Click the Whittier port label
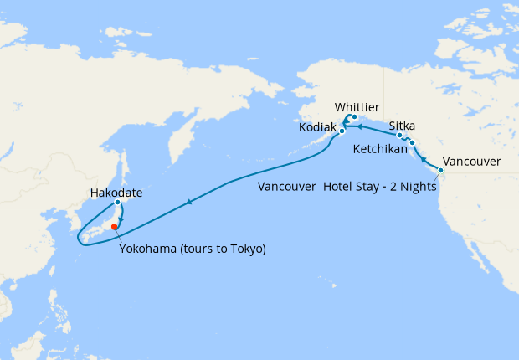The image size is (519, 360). coord(357,107)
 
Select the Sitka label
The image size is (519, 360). coord(402,126)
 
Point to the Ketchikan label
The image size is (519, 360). coord(380,150)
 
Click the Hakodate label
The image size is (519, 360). coord(116,193)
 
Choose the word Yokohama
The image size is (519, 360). coord(146,249)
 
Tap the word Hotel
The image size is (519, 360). coord(337,186)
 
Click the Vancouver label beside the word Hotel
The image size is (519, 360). coord(287,186)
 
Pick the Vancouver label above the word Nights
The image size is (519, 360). coord(471,161)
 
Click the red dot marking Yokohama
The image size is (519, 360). coord(115,225)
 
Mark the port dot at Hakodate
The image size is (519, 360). coord(118,203)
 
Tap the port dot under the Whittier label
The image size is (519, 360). coord(354,117)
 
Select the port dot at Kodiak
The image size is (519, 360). coord(342,131)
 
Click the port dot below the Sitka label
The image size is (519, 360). coord(400,135)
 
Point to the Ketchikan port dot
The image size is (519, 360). coord(412,143)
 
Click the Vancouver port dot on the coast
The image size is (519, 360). coord(441,171)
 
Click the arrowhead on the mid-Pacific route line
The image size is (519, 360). coord(190,201)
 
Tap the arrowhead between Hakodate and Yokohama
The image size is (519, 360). coord(122,219)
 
